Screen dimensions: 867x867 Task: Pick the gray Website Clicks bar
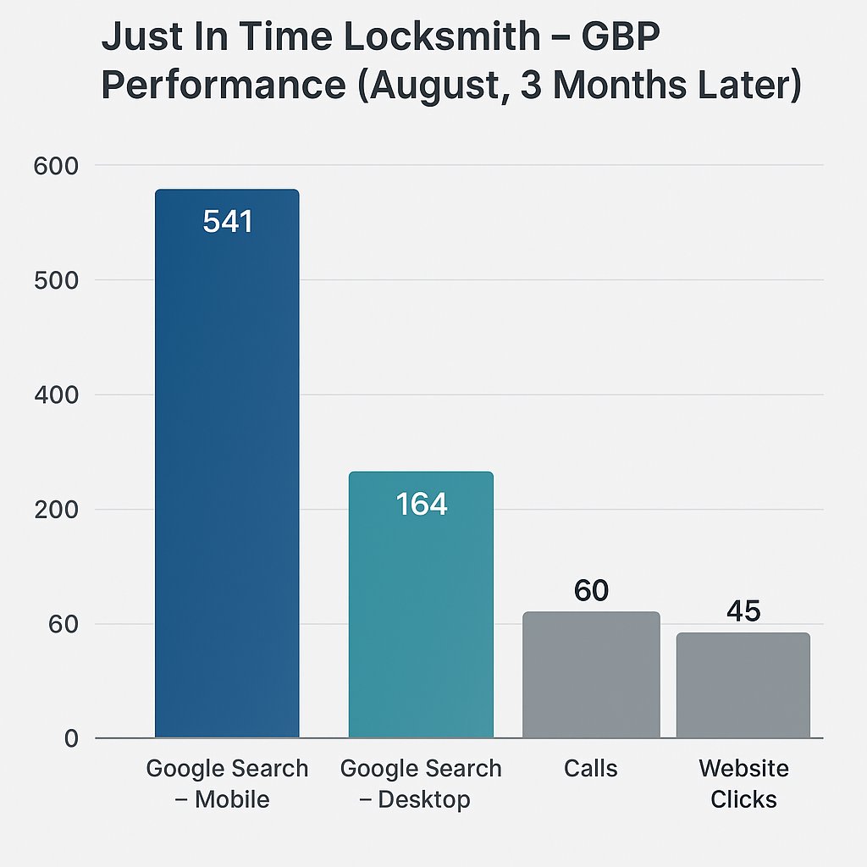(x=743, y=685)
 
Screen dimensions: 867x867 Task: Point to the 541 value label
(x=228, y=222)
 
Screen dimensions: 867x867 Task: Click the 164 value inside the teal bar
(x=421, y=505)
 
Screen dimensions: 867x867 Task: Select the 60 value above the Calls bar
(x=591, y=591)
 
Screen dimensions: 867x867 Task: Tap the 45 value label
(x=743, y=611)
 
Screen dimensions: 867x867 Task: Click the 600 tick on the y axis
(x=56, y=166)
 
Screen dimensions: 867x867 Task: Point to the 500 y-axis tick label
(x=56, y=280)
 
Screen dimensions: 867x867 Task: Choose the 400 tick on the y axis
(x=56, y=395)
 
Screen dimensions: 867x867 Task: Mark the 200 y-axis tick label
(x=56, y=510)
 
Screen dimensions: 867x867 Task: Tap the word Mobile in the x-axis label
(x=232, y=799)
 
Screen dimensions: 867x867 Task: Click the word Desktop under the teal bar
(x=423, y=799)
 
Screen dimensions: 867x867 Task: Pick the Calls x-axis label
(x=590, y=769)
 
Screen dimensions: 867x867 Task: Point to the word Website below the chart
(x=743, y=769)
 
